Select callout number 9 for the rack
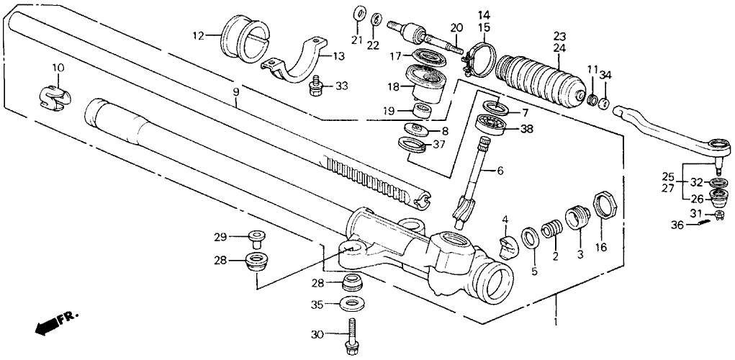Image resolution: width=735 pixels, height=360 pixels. tap(235, 93)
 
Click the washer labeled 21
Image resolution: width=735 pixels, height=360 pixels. tap(358, 14)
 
